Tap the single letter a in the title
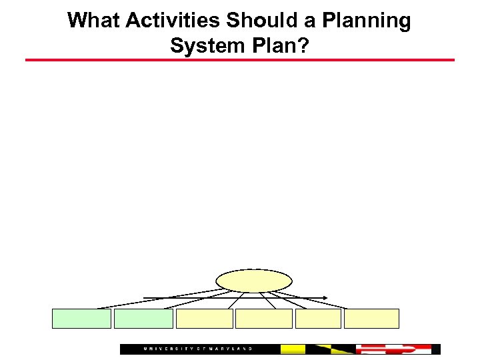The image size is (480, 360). tap(308, 21)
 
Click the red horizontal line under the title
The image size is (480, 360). tap(240, 60)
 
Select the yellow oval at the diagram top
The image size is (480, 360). tap(254, 281)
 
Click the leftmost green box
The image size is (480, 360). tap(81, 319)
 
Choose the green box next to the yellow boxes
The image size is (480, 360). tap(143, 319)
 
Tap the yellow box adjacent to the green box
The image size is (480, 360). tap(204, 319)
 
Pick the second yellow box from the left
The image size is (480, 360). tap(264, 319)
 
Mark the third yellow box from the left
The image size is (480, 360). tap(318, 319)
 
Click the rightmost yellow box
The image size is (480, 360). tap(371, 319)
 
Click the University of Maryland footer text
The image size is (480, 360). tap(199, 349)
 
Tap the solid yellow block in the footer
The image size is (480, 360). tap(293, 349)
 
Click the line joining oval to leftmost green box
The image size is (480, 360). tap(160, 299)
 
